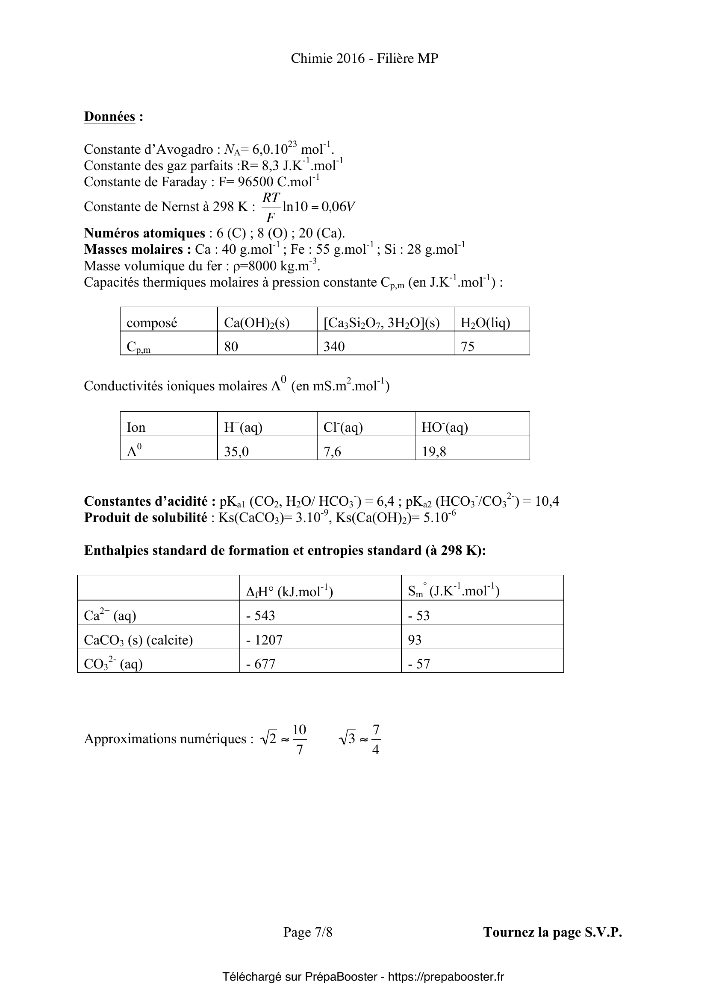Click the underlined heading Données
109,117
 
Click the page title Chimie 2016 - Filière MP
364,59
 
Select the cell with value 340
334,346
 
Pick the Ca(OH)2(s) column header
256,323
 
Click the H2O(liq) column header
485,323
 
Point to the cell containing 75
468,346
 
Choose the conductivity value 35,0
236,451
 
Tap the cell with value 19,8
434,451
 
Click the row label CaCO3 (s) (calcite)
138,640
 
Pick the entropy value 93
415,640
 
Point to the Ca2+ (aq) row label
110,616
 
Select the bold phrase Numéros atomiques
144,234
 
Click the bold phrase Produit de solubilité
145,518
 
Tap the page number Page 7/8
308,932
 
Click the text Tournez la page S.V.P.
552,932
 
